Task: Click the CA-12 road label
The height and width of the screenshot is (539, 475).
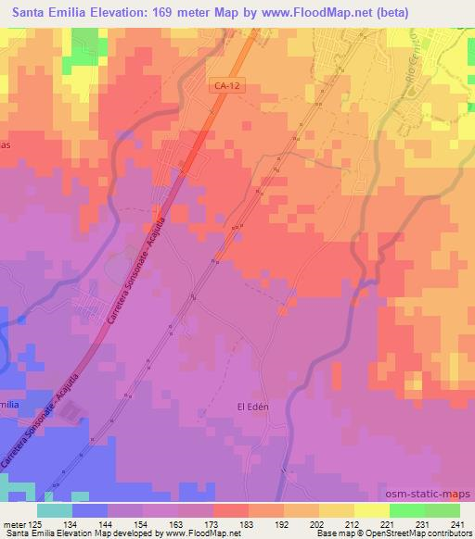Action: coord(220,83)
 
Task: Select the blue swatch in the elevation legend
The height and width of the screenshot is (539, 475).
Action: coord(90,510)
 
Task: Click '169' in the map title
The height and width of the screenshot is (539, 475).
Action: coord(168,9)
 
